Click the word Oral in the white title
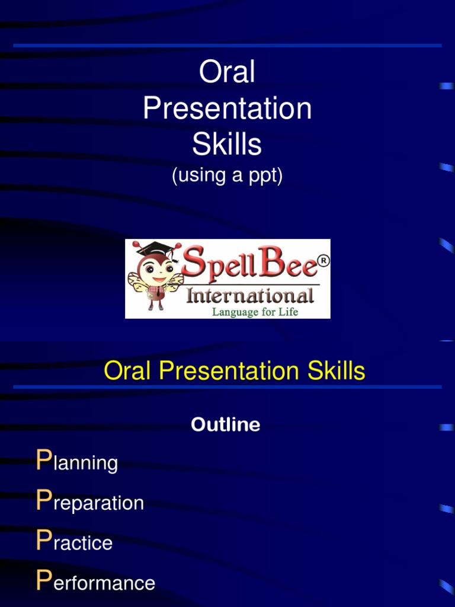coord(227,73)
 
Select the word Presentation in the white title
coord(227,109)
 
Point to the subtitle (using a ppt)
coord(227,176)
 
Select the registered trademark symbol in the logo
coord(323,261)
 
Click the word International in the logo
coord(249,295)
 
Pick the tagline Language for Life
coord(255,311)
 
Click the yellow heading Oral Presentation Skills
coord(234,372)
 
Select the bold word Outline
coord(225,425)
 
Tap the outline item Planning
coord(77,462)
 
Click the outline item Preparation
coord(90,503)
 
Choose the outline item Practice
coord(74,542)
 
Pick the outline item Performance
coord(95,583)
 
